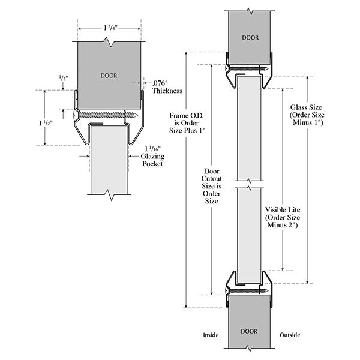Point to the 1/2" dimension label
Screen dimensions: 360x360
63,79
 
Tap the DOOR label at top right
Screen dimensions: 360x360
250,37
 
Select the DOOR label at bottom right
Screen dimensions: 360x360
250,331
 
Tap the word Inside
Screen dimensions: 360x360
211,335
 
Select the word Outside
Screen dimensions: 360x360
290,335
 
